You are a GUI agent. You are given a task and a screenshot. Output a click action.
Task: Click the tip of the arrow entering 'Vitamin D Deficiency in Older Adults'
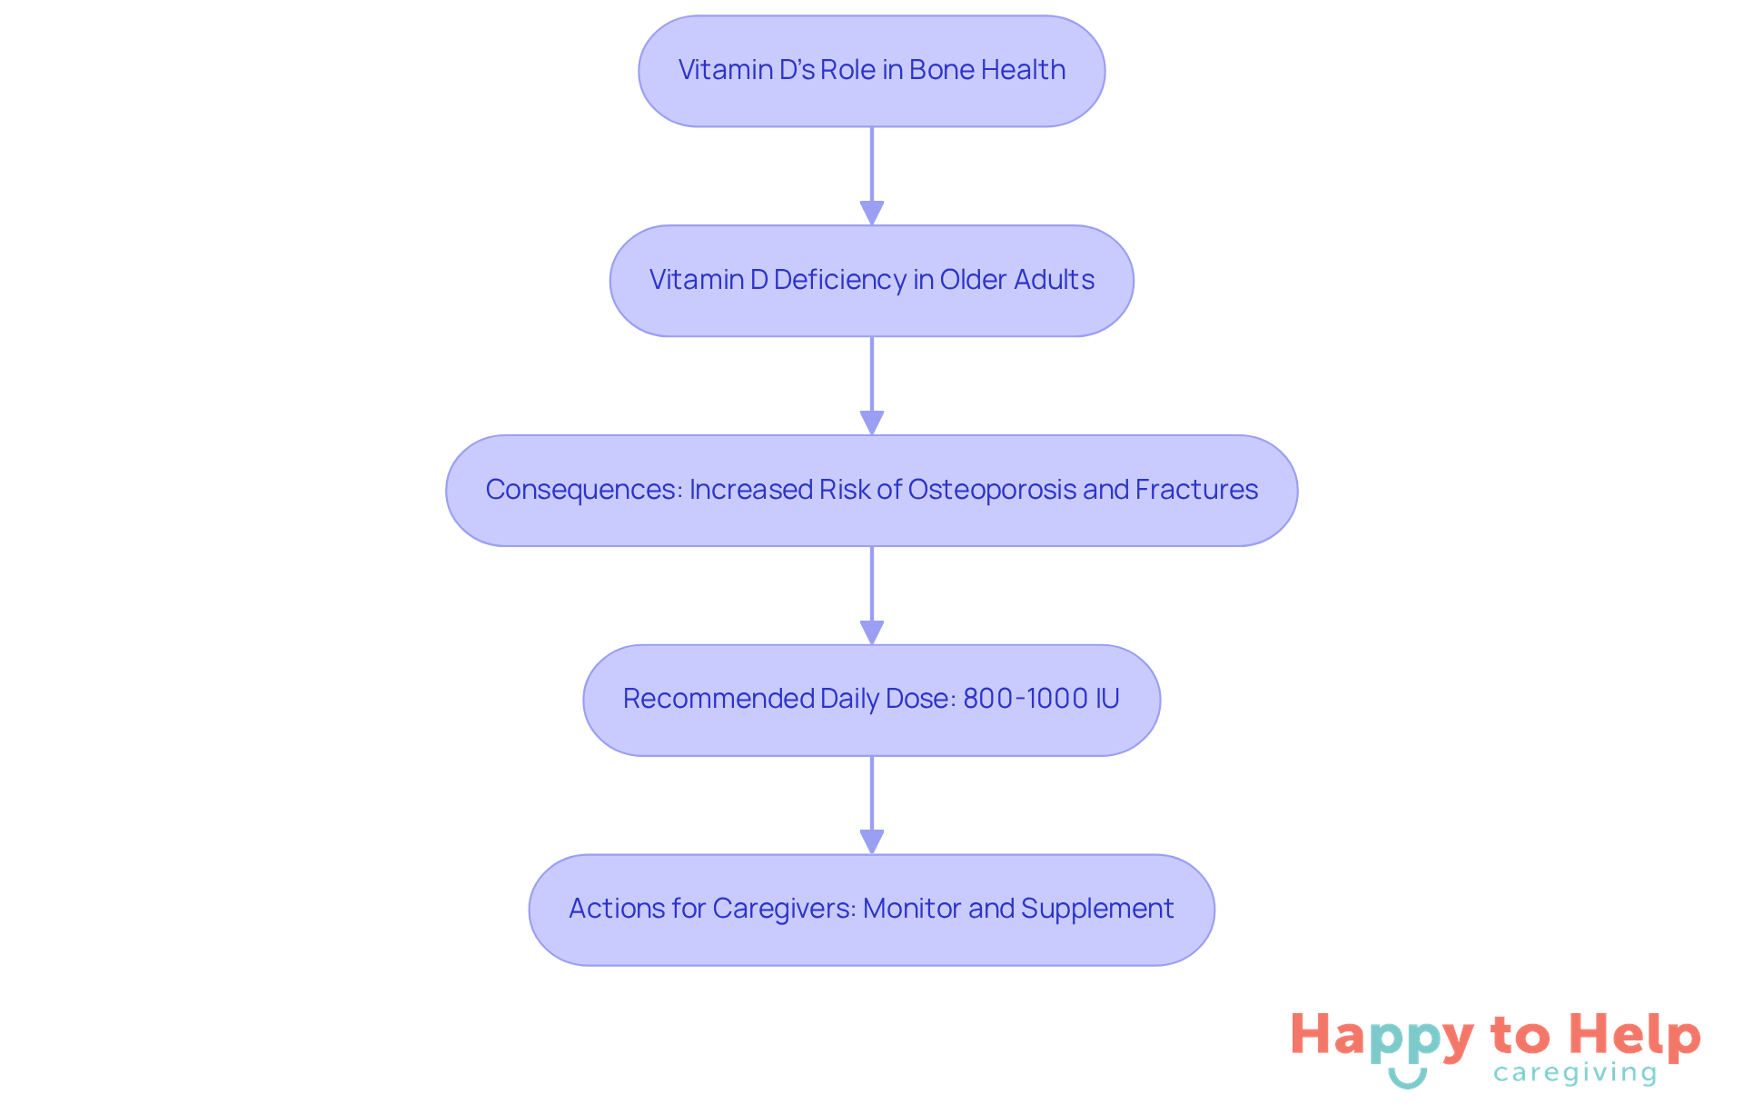872,225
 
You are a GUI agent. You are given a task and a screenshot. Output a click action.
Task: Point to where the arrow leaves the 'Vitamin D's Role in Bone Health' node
872,127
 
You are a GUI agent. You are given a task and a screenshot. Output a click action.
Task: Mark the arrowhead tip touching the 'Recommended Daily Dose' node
872,645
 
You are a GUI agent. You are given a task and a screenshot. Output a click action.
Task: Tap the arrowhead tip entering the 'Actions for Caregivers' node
872,854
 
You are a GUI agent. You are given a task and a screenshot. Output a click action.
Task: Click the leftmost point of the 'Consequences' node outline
446,491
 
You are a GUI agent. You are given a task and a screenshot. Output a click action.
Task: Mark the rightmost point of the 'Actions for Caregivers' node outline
1214,910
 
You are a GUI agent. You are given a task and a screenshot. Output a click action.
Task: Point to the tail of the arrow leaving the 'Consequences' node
872,546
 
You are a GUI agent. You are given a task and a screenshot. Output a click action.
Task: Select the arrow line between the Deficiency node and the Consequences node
872,386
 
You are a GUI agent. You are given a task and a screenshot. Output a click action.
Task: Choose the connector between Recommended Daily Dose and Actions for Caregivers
872,805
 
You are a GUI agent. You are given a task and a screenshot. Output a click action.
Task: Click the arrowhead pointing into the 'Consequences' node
872,423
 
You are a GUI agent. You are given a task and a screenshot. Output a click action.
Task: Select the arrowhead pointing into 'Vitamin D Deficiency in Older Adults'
872,214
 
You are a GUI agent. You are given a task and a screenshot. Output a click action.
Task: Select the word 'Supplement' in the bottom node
1097,909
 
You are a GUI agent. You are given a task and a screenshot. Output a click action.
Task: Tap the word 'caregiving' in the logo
1575,1073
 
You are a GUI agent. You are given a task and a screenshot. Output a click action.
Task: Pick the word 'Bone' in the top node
943,70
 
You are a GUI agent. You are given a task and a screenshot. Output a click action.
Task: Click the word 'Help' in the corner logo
1635,1036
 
